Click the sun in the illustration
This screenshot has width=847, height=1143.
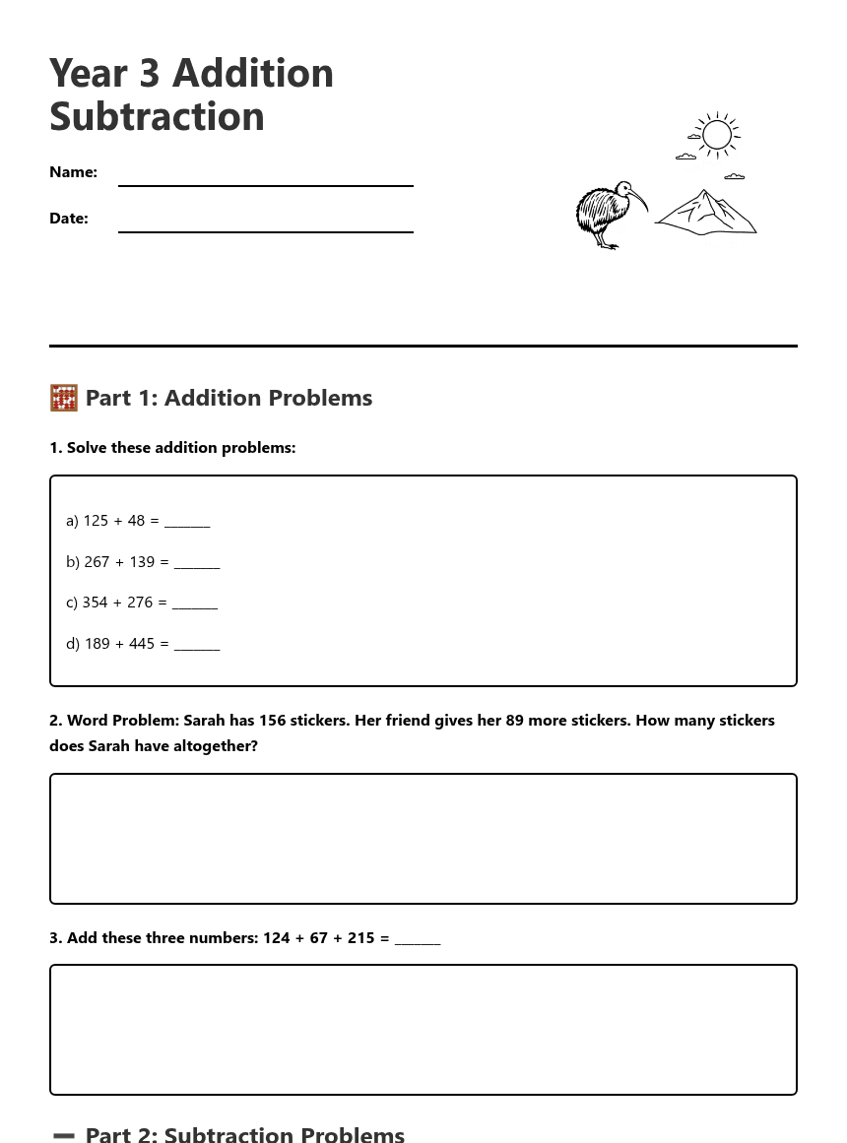tap(717, 135)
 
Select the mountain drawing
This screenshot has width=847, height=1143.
tap(707, 213)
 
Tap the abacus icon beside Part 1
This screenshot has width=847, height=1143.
tap(64, 398)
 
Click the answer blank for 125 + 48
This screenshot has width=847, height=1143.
tap(187, 522)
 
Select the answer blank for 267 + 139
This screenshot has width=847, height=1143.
tap(197, 563)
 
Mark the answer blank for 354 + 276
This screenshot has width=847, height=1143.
tap(195, 603)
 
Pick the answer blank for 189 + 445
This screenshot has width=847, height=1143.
tap(197, 645)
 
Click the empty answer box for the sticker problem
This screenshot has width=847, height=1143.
tap(423, 839)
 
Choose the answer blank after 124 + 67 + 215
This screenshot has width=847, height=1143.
tap(418, 939)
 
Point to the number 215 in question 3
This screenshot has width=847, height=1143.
tap(361, 938)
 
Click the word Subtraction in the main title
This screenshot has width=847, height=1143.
tap(157, 116)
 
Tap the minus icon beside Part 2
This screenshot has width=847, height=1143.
tap(64, 1135)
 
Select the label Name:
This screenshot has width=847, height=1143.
tap(74, 172)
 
